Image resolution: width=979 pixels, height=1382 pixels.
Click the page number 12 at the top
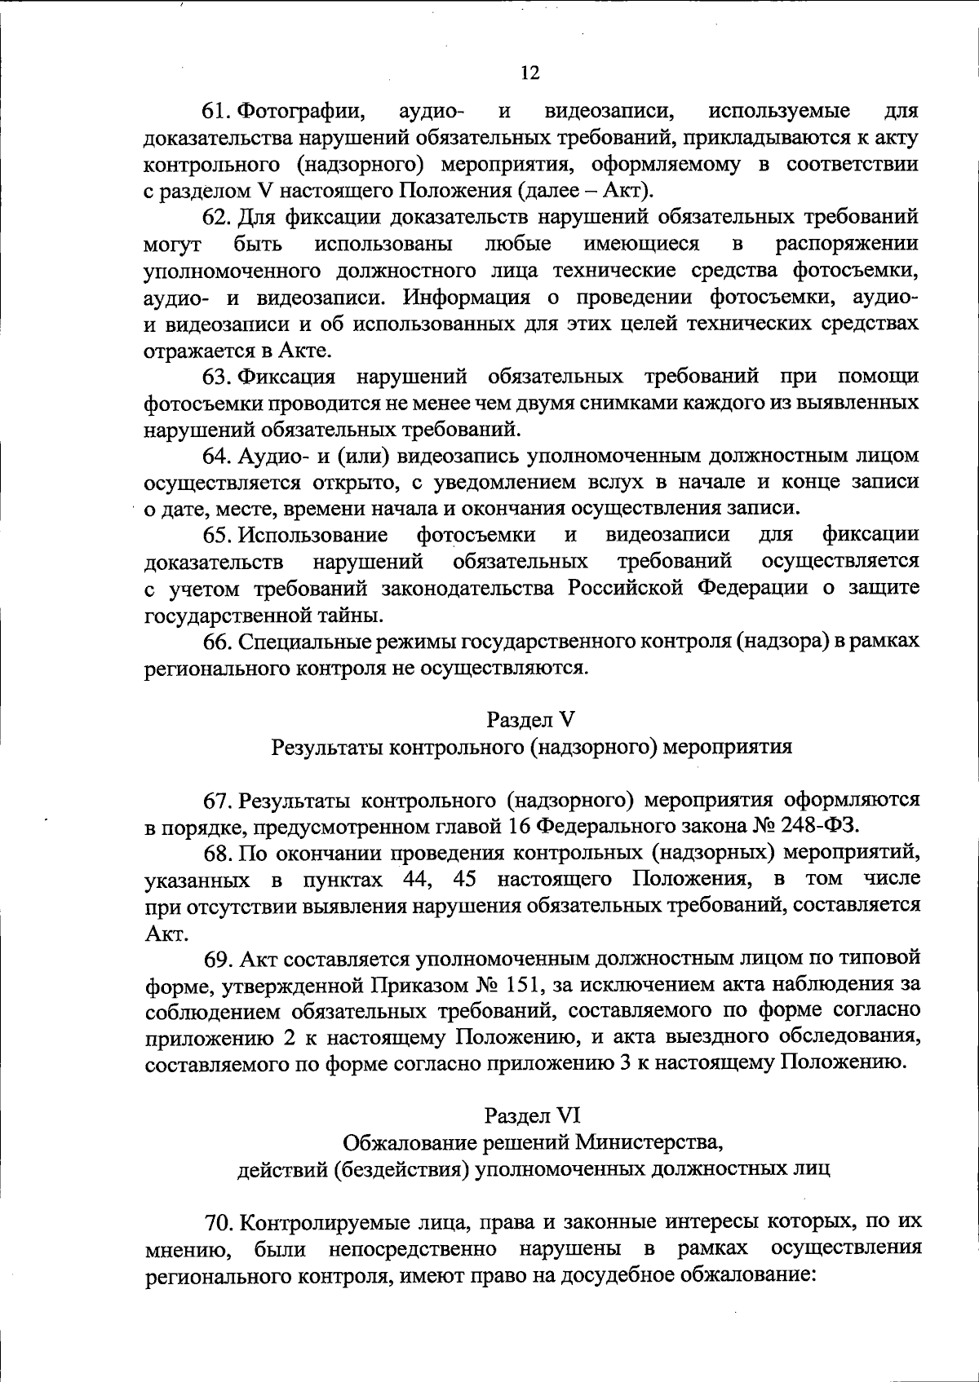click(529, 73)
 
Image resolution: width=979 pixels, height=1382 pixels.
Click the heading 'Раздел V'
click(530, 719)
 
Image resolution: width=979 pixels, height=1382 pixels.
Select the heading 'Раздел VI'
click(531, 1115)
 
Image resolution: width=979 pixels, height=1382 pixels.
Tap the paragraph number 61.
click(219, 110)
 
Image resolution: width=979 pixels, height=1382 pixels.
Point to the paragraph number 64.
click(219, 455)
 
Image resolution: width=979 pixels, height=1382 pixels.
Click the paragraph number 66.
click(219, 642)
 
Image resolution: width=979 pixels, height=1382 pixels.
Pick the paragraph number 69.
click(219, 957)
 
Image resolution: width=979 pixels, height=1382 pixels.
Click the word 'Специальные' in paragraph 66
click(303, 642)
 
